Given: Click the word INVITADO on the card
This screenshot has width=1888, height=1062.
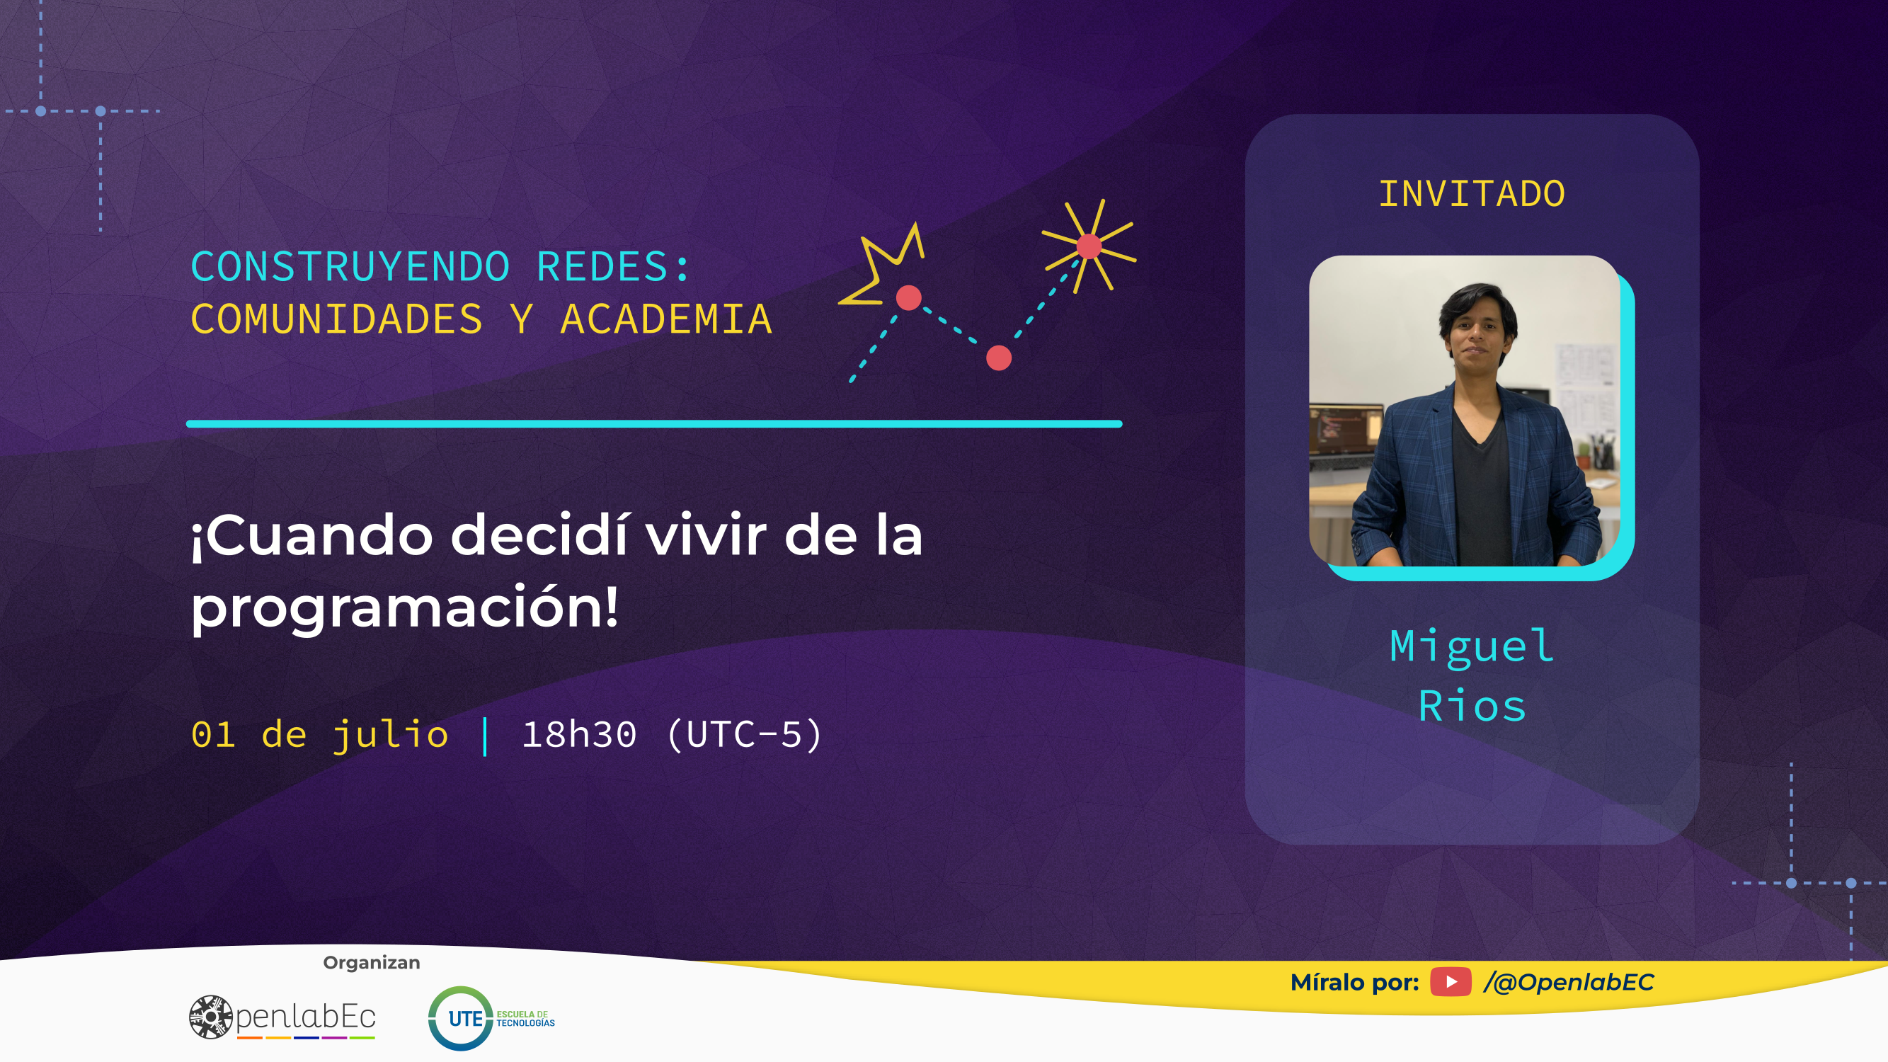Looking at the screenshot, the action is pyautogui.click(x=1472, y=194).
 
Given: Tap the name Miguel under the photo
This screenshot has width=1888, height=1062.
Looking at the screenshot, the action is pyautogui.click(x=1472, y=646).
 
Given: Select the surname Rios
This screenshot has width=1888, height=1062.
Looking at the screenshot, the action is pyautogui.click(x=1472, y=707).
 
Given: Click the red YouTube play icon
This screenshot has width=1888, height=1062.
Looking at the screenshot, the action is pyautogui.click(x=1451, y=982).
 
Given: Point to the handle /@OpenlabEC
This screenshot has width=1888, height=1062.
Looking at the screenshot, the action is pyautogui.click(x=1569, y=982).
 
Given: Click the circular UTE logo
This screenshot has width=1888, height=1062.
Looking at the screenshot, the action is pyautogui.click(x=460, y=1018).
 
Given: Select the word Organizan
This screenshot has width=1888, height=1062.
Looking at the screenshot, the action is pyautogui.click(x=372, y=963).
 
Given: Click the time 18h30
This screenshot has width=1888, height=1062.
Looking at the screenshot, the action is pyautogui.click(x=579, y=734).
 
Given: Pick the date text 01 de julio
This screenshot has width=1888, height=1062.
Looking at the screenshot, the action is pyautogui.click(x=319, y=735).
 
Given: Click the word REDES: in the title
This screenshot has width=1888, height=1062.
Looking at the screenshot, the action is pyautogui.click(x=614, y=266).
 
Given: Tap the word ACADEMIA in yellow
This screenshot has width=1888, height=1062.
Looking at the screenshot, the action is pyautogui.click(x=666, y=319).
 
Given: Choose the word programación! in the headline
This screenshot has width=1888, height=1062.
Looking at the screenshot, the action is pyautogui.click(x=405, y=608).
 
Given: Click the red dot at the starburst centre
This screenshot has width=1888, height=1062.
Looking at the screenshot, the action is pyautogui.click(x=1089, y=246).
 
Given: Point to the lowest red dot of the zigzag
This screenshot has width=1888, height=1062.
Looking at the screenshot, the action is pyautogui.click(x=998, y=358).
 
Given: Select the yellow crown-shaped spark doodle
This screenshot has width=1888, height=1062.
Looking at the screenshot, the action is pyautogui.click(x=881, y=264).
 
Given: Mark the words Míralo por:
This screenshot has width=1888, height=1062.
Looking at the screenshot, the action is pyautogui.click(x=1354, y=982).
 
